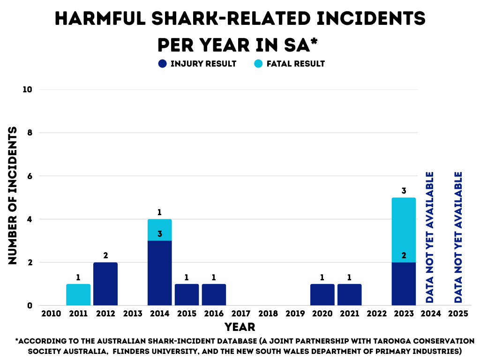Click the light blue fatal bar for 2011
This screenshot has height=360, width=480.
coord(78,294)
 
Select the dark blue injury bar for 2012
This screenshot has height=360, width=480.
coord(105,284)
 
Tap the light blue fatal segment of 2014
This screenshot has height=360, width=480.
coord(159,230)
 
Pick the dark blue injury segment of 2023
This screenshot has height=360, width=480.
coord(404,284)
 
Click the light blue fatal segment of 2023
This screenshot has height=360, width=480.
coord(404,230)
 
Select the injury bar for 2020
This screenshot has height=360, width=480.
coord(322,294)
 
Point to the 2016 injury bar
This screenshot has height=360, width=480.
coord(214,294)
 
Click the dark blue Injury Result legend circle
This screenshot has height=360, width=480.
coord(163,64)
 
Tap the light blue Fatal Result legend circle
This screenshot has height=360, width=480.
coord(258,64)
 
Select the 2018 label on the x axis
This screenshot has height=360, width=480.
coord(268,313)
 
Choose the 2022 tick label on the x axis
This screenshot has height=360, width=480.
coord(376,313)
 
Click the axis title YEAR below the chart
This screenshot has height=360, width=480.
coord(240,327)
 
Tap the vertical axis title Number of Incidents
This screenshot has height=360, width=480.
coord(13,195)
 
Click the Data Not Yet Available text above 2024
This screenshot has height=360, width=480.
coord(430,237)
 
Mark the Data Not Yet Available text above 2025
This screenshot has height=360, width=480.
coord(458,237)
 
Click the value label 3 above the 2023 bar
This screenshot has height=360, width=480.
coord(404,191)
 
